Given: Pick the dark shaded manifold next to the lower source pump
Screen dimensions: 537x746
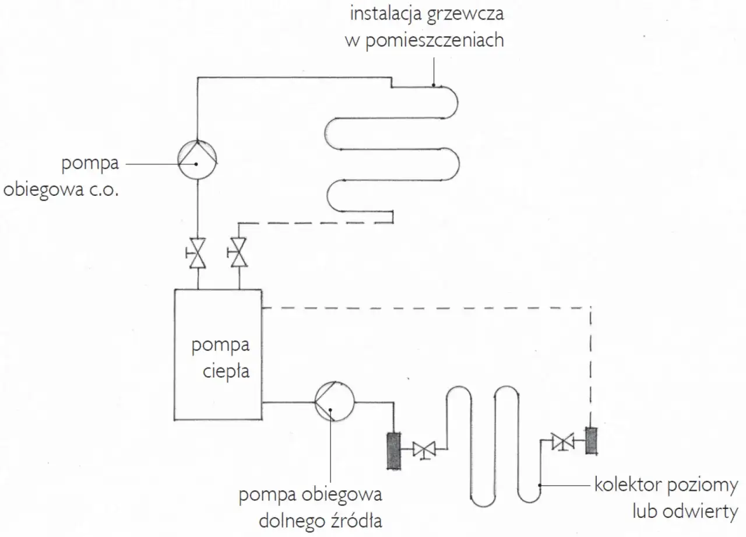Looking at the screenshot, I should tap(393, 450).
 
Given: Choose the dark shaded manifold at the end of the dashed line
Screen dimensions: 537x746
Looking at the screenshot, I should tap(592, 442).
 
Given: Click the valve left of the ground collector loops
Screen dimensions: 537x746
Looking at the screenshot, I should tap(424, 450).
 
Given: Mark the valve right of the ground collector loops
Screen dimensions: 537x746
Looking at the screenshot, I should tap(563, 441).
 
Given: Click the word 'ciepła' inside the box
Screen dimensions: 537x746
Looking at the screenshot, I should tap(227, 371).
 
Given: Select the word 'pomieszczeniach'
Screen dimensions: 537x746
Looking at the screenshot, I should tap(435, 41).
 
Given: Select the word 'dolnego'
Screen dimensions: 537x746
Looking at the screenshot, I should tap(287, 520).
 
